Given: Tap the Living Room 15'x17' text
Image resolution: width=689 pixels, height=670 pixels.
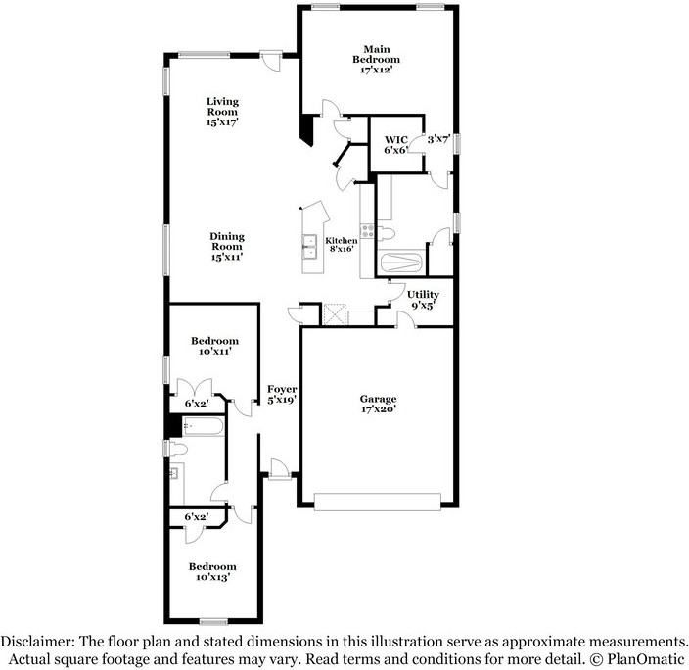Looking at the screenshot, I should point(222,112).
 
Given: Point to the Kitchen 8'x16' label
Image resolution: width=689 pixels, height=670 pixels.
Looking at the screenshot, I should point(342,245).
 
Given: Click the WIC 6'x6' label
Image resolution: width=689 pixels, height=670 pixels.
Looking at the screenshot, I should point(395,144).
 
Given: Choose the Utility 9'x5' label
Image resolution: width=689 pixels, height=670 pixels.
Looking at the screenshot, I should point(423,299).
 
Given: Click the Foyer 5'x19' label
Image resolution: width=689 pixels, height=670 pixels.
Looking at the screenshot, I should point(282,394).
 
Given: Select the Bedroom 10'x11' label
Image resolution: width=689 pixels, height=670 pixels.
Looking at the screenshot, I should point(213,346).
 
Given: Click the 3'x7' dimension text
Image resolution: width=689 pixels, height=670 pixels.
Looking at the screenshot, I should point(437,140).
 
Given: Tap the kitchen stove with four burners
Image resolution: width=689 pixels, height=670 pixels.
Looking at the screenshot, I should point(369,232).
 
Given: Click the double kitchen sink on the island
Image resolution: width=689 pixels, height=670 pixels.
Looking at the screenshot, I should point(309,247).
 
